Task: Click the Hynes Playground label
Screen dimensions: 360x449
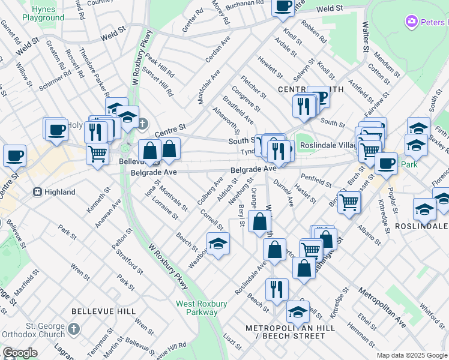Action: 43,13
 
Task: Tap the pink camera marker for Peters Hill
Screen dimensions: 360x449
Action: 412,22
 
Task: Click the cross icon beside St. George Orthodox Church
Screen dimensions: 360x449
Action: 74,329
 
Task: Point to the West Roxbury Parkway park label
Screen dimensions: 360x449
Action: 201,308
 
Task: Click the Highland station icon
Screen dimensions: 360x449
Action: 37,192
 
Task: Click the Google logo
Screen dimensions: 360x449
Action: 20,353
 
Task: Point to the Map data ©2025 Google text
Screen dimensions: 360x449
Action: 412,356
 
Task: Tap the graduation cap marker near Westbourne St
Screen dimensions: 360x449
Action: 218,243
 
